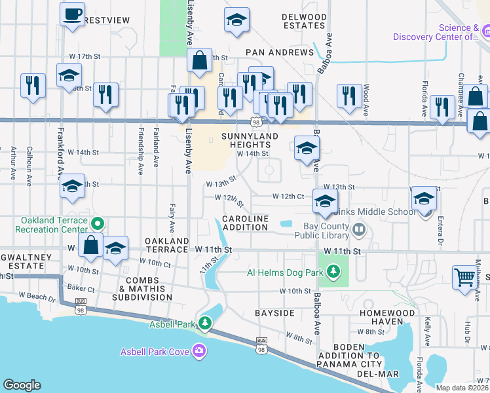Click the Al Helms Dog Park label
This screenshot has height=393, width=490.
(x=286, y=272)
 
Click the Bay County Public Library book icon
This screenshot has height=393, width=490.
(x=358, y=230)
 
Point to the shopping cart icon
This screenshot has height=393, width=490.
(x=464, y=277)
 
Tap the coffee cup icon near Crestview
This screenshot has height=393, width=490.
(x=72, y=13)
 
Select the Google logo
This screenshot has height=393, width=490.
(x=22, y=385)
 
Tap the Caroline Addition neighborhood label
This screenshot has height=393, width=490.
(x=245, y=223)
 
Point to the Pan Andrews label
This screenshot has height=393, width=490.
(x=280, y=52)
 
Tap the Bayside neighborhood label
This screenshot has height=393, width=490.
(x=274, y=313)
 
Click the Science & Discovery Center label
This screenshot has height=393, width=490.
(x=436, y=32)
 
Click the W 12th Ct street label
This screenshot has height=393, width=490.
(x=288, y=196)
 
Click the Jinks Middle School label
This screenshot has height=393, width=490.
(x=374, y=212)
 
